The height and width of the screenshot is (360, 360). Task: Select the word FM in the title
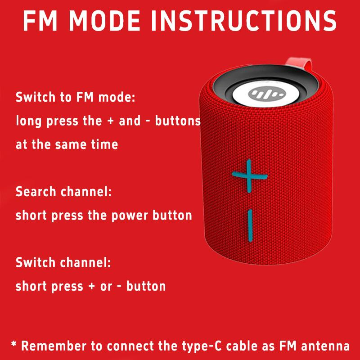pyautogui.click(x=39, y=20)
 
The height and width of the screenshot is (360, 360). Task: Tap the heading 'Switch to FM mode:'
pyautogui.click(x=75, y=97)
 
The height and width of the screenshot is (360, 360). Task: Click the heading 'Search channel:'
pyautogui.click(x=63, y=192)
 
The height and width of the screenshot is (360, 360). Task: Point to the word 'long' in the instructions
pyautogui.click(x=27, y=121)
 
